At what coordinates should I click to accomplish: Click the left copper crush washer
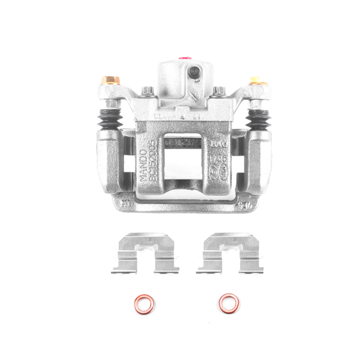tap(144, 304)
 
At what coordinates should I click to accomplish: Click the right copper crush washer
tap(229, 303)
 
